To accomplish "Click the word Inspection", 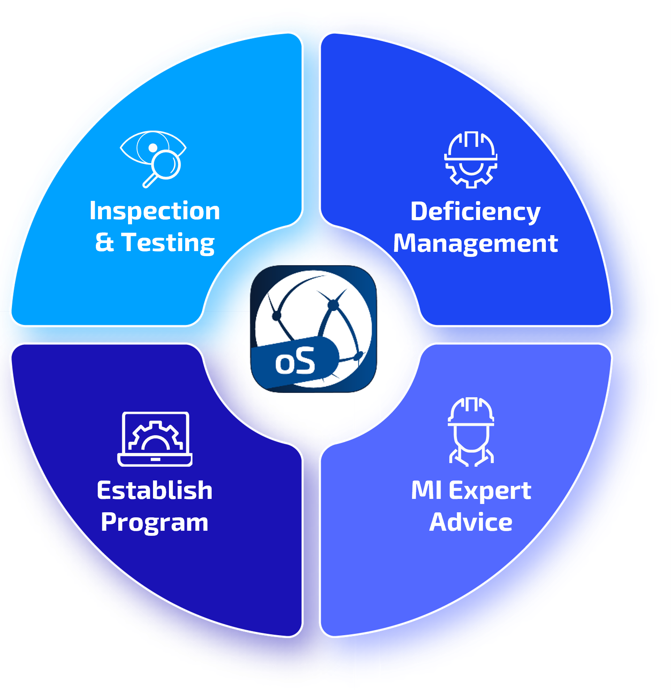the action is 154,211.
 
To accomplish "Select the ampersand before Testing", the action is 105,242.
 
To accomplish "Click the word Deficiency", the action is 475,212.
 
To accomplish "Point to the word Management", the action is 475,244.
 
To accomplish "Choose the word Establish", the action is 154,490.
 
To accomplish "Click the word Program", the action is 154,522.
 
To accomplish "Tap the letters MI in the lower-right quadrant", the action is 426,490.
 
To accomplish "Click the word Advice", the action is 471,522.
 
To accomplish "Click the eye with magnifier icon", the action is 153,159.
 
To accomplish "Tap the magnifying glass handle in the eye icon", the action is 150,181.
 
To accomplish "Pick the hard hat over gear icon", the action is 471,160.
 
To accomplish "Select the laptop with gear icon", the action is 155,439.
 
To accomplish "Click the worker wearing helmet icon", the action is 471,432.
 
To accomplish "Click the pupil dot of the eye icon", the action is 153,148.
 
